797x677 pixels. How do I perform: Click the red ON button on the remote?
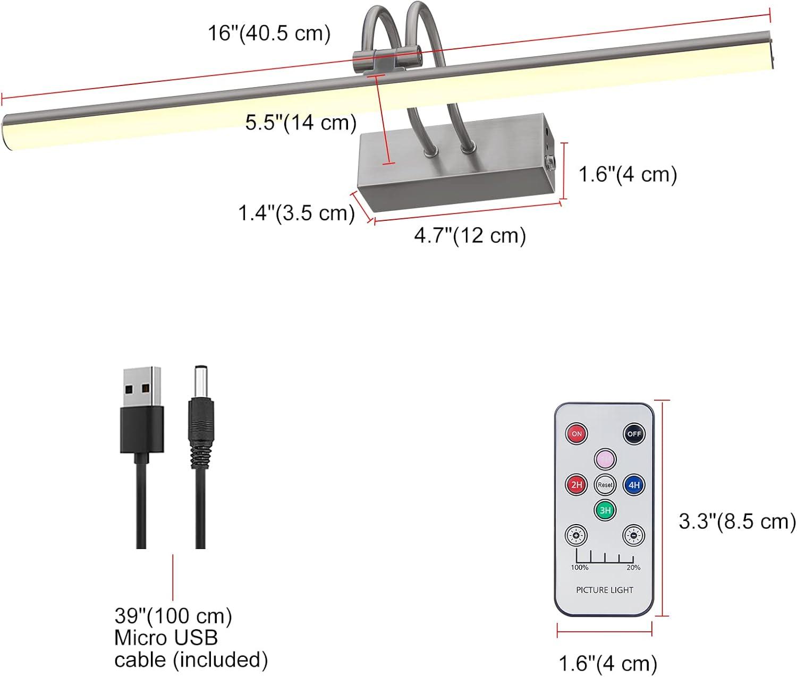click(x=576, y=434)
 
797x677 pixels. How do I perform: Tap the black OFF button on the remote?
click(x=634, y=434)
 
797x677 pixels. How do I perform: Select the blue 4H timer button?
click(x=634, y=485)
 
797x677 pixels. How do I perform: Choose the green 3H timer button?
click(x=605, y=510)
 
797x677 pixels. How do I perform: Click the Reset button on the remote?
click(x=605, y=485)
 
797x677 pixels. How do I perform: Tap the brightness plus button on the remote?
click(x=576, y=535)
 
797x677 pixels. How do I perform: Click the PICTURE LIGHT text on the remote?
click(x=605, y=590)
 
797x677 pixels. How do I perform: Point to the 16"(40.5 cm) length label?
click(x=269, y=33)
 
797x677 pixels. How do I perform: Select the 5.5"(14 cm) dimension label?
click(x=301, y=123)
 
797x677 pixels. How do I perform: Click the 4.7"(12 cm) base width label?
click(x=470, y=235)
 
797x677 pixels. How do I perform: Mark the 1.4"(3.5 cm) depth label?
click(x=296, y=213)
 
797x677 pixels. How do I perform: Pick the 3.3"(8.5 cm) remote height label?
click(x=737, y=521)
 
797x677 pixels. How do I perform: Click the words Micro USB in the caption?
click(x=166, y=638)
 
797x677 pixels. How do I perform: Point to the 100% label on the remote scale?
click(x=579, y=568)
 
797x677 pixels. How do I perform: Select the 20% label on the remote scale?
click(x=633, y=568)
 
